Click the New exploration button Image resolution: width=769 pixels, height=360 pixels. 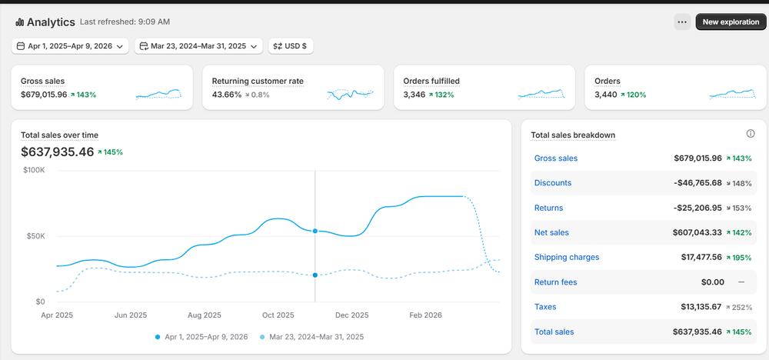[x=731, y=22]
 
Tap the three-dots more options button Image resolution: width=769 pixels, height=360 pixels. [x=682, y=22]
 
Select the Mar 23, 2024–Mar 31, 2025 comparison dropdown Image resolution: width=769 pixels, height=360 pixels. [x=198, y=46]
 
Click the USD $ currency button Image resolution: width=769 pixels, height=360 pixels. [x=291, y=46]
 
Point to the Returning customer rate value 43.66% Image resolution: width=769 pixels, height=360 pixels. [x=227, y=95]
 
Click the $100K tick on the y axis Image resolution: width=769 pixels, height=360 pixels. [x=34, y=169]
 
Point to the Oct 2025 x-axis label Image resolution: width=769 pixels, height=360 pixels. [x=278, y=315]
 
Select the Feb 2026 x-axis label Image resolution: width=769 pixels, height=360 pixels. [x=426, y=315]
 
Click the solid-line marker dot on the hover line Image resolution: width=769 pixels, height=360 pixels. [x=315, y=231]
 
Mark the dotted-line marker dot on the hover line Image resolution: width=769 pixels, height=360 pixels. [x=315, y=275]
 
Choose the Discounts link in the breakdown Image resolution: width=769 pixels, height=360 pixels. [x=553, y=183]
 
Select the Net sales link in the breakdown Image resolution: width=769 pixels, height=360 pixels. [x=551, y=232]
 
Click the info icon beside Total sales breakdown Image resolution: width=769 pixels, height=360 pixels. [x=751, y=134]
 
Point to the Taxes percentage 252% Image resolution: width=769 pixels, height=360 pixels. [x=740, y=307]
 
